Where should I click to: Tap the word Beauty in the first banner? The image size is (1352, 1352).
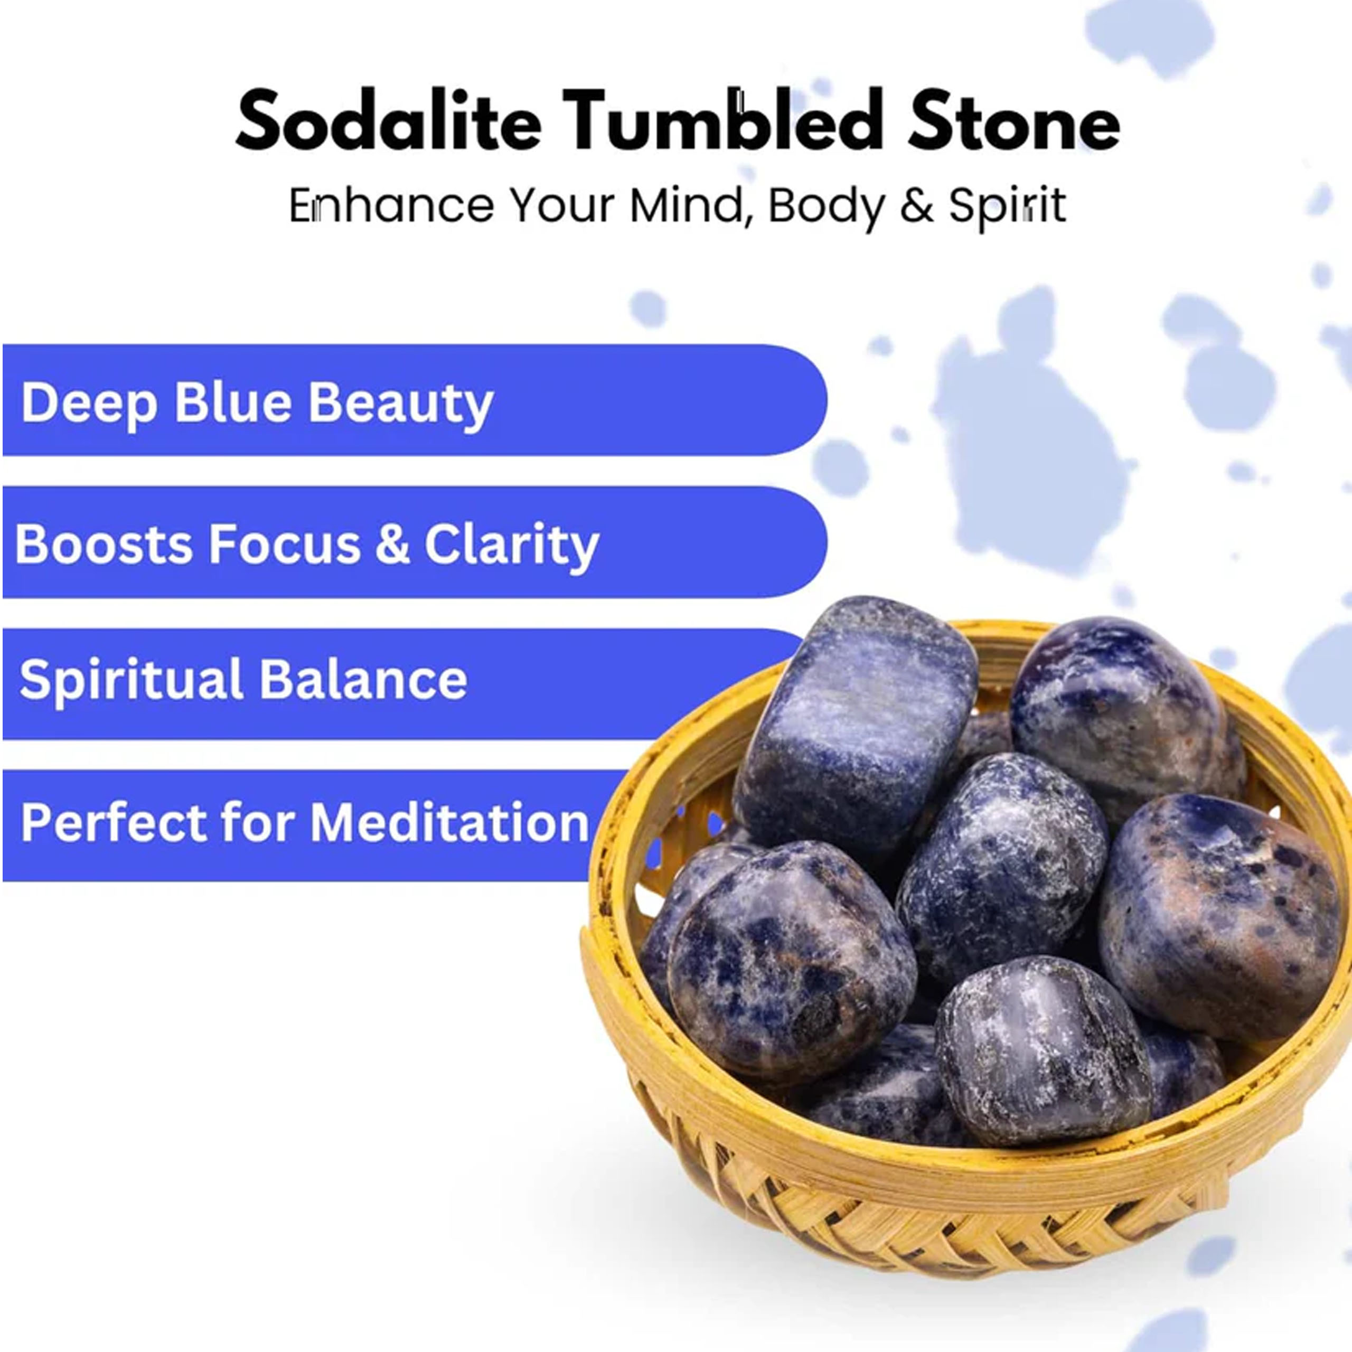[x=401, y=404]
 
